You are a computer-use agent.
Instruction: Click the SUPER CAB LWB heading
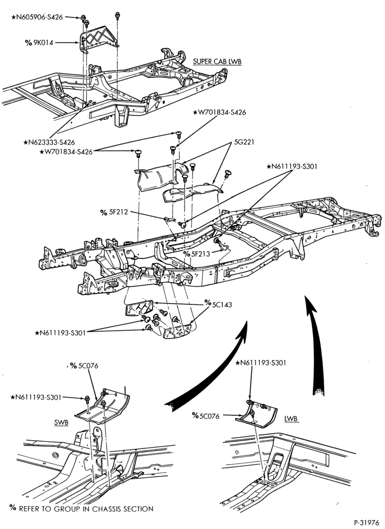[x=217, y=62]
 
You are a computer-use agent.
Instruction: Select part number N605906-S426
[x=37, y=17]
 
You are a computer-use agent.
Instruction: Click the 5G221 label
[x=245, y=142]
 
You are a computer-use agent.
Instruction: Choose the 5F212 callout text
[x=114, y=212]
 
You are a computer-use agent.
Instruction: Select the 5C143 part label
[x=219, y=305]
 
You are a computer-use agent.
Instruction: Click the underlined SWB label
[x=61, y=423]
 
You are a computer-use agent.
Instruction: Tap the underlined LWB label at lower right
[x=291, y=419]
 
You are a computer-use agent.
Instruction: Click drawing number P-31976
[x=367, y=523]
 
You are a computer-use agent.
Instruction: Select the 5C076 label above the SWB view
[x=84, y=366]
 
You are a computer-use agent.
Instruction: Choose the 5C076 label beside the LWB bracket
[x=206, y=416]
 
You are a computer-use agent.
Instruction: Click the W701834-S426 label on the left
[x=66, y=152]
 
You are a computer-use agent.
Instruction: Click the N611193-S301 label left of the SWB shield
[x=36, y=397]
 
